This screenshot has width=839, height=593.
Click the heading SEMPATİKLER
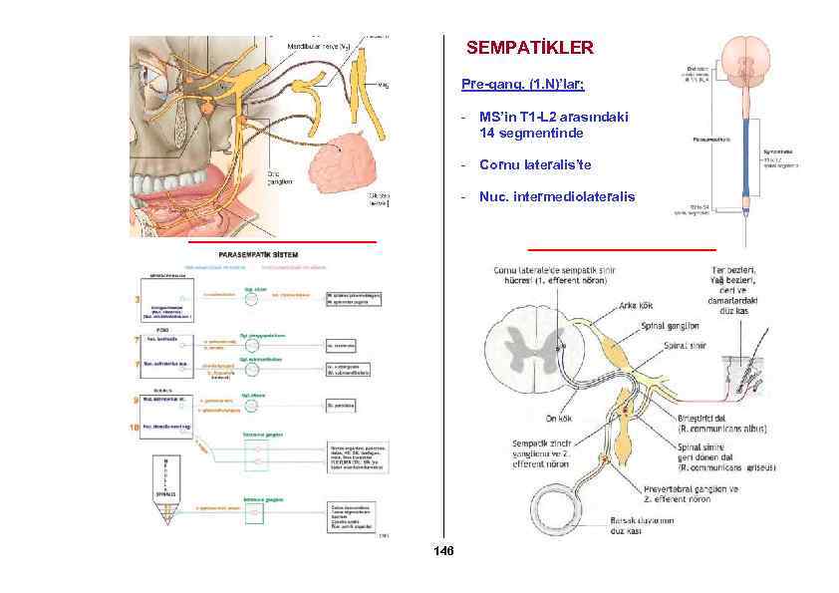tap(529, 48)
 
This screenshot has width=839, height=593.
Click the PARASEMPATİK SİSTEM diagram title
tap(257, 255)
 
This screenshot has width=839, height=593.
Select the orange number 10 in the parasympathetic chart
tap(137, 428)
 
